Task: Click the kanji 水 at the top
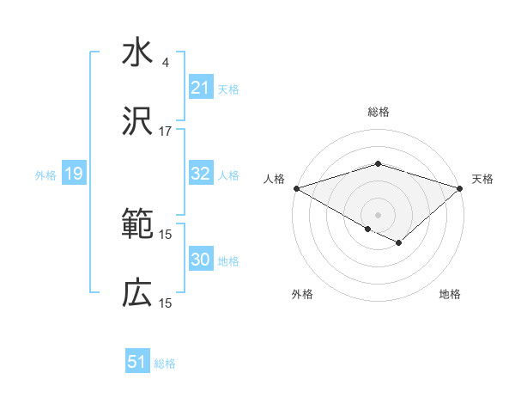(x=137, y=54)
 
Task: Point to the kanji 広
(x=137, y=295)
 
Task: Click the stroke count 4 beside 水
(x=165, y=62)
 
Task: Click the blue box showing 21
(x=201, y=88)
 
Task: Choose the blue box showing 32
(x=201, y=174)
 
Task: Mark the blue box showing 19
(x=73, y=174)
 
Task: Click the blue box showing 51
(x=137, y=362)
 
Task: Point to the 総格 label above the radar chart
(x=378, y=112)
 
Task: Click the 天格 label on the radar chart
(x=482, y=179)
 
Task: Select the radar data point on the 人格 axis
(x=295, y=187)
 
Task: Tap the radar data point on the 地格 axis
(x=399, y=243)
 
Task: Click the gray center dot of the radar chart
(x=378, y=214)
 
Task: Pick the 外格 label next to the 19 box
(x=45, y=174)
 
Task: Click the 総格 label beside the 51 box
(x=165, y=363)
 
